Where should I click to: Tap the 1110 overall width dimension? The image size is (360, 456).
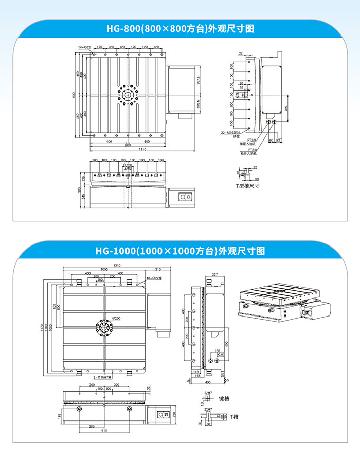point(142,149)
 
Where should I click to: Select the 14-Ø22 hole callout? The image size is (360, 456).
point(84,47)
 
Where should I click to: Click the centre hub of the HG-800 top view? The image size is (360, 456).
point(127,95)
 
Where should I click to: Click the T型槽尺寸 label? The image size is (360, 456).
point(248,186)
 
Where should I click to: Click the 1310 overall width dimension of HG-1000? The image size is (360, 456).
point(118,265)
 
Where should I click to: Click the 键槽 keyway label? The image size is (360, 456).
point(225,398)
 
